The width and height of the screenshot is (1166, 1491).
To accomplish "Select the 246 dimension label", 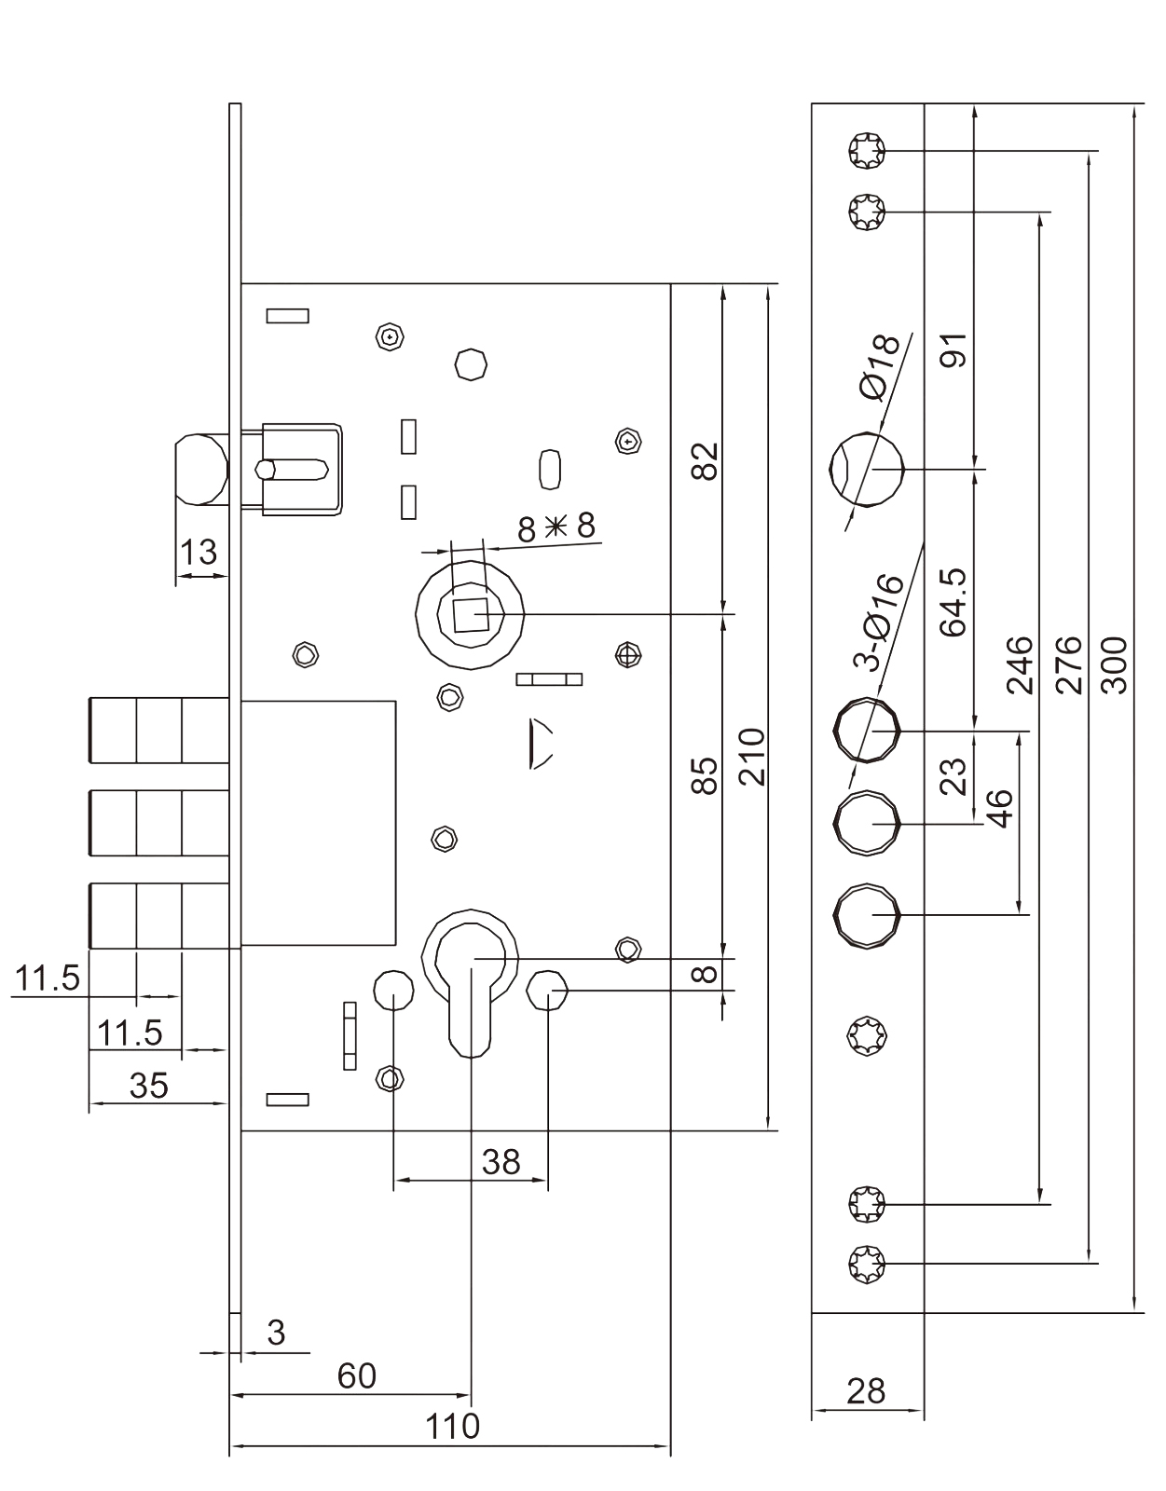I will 1021,665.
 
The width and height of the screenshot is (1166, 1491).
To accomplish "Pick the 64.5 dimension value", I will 953,602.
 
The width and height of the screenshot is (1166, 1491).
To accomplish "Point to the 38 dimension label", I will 501,1162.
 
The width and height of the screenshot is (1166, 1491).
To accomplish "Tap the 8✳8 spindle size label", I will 556,527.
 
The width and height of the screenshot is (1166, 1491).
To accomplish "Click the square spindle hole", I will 470,615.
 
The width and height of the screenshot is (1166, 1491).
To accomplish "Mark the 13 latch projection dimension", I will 199,553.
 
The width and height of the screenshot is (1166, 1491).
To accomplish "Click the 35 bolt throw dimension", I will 149,1086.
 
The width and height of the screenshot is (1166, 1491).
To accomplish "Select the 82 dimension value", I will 707,460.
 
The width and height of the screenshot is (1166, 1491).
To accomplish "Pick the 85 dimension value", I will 707,775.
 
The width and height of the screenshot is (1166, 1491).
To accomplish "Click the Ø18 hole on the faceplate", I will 867,469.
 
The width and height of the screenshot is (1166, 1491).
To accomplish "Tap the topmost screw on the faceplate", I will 867,150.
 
